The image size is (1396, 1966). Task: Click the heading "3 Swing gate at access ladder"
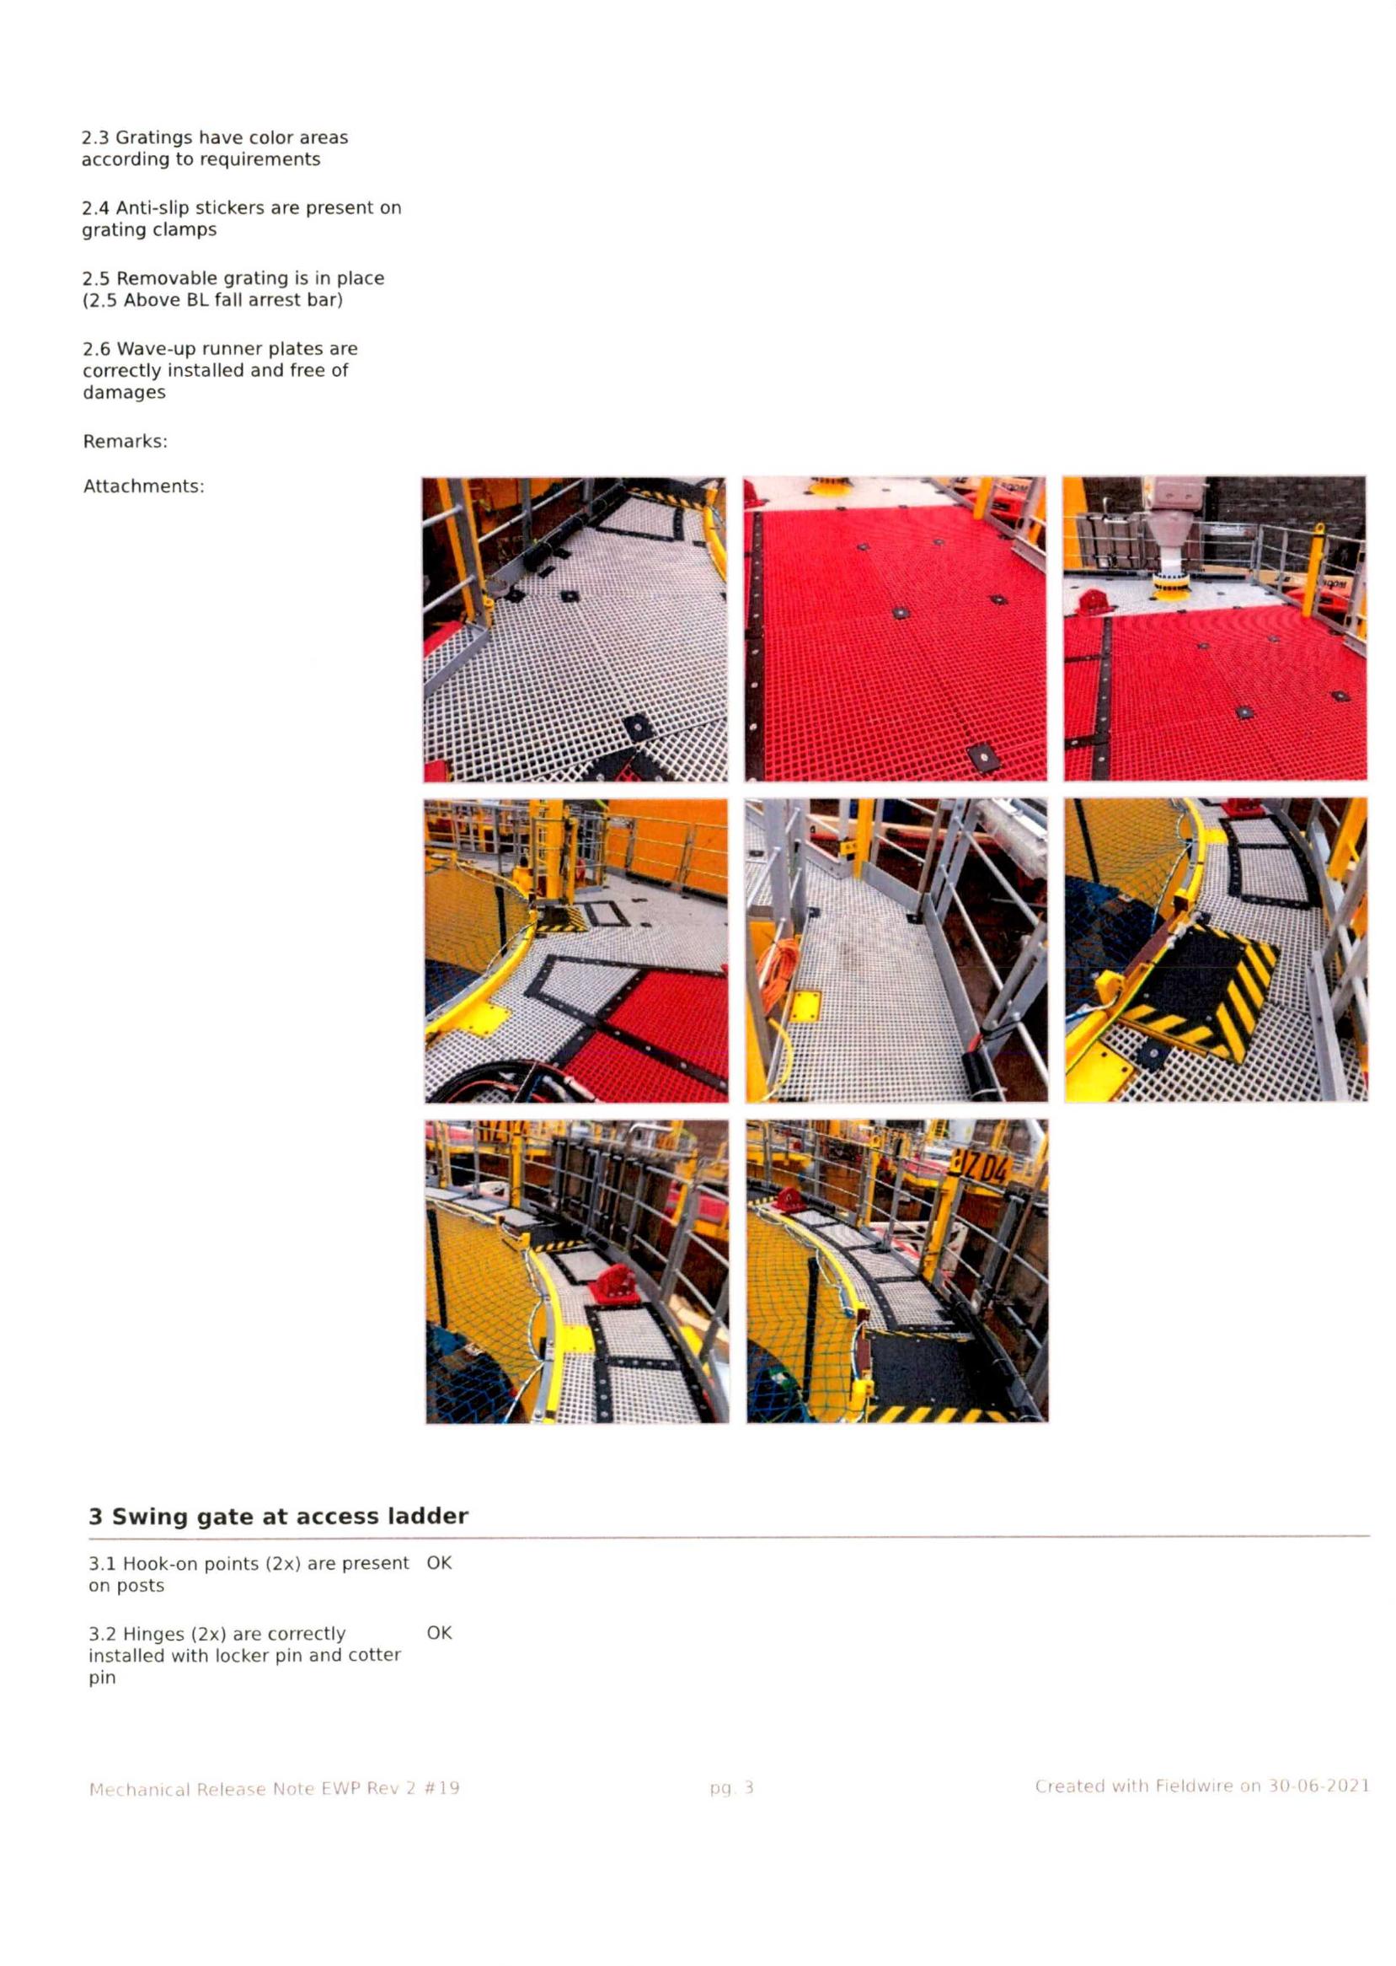point(278,1516)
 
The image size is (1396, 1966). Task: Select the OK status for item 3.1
point(439,1563)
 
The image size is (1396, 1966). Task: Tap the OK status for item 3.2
point(439,1632)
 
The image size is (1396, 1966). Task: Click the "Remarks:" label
point(126,441)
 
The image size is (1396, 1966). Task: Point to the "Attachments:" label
point(143,486)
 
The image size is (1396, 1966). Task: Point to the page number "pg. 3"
point(731,1788)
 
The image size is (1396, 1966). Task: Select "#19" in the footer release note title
point(441,1788)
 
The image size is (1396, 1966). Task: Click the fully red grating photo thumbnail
point(895,629)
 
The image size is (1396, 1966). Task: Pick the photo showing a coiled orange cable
point(896,950)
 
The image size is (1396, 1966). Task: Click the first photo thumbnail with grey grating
point(575,630)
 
